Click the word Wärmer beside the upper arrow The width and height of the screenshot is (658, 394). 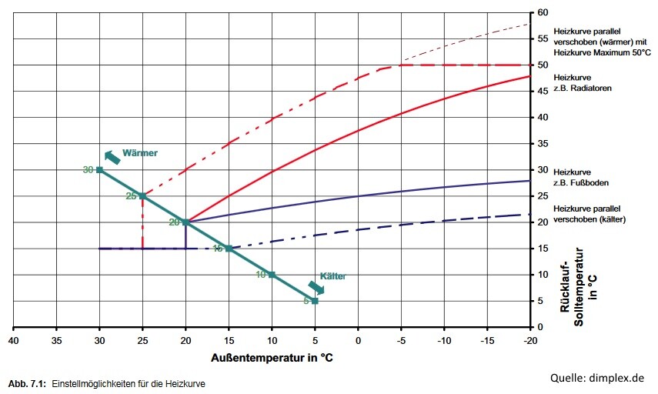(140, 153)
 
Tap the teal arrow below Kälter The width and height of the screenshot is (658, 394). (316, 288)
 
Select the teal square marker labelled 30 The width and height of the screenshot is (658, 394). (99, 169)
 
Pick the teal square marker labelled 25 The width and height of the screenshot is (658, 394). (142, 196)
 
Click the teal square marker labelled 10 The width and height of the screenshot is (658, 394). (272, 275)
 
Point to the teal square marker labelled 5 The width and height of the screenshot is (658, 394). (315, 301)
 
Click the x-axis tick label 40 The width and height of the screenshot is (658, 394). (13, 339)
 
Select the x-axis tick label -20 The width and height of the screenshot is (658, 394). (529, 339)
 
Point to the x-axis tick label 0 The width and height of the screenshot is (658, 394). (358, 339)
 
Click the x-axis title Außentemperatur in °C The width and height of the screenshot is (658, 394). (272, 358)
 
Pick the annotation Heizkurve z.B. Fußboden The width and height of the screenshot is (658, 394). (583, 176)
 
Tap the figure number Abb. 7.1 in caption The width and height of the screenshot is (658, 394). (25, 383)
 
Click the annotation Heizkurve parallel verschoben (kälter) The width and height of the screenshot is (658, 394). (589, 214)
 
